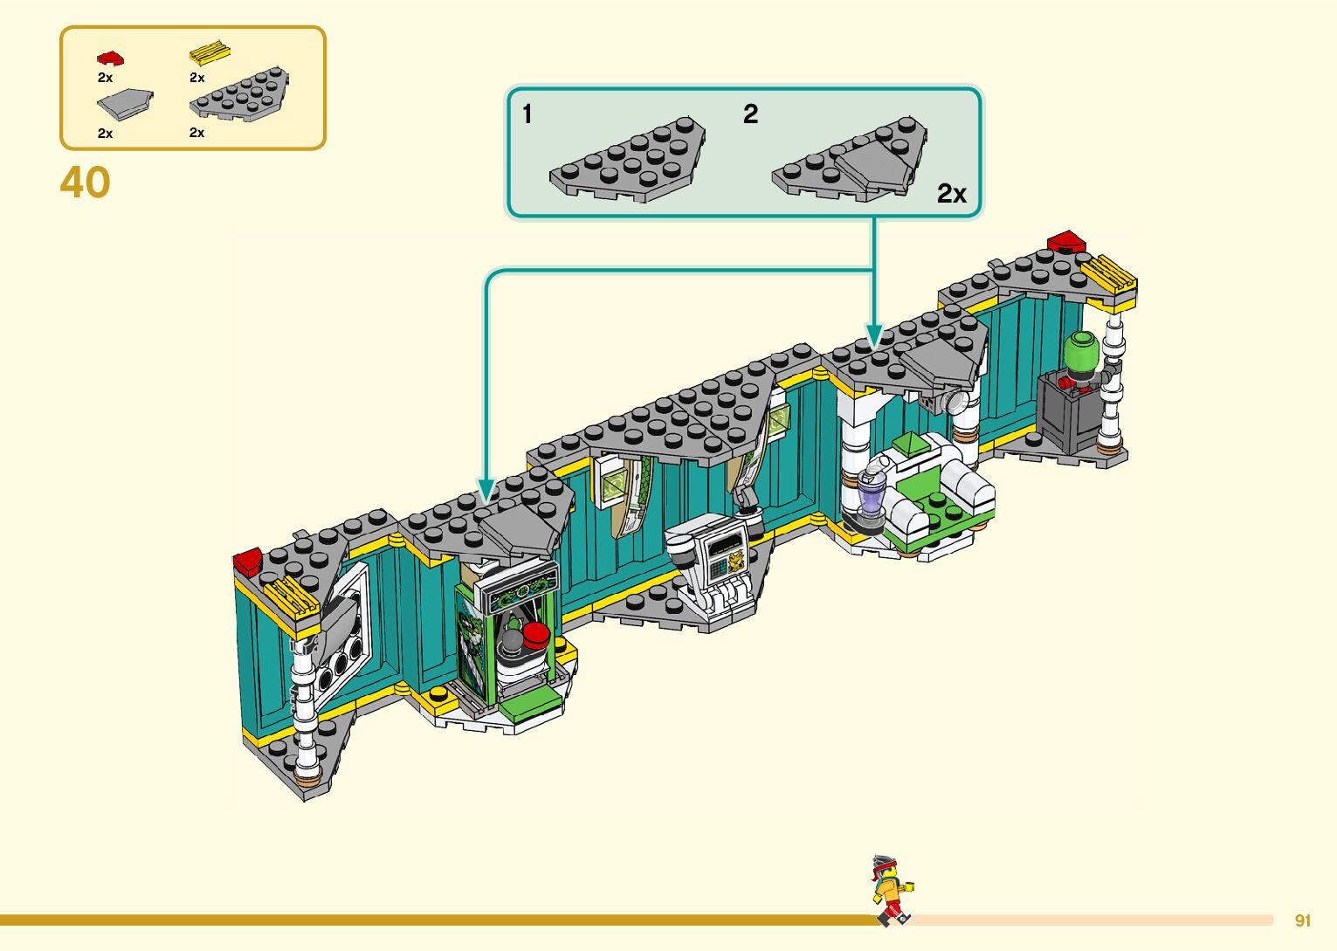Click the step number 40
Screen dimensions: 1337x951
[86, 183]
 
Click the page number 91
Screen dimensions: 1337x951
[1303, 920]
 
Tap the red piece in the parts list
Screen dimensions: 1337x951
[110, 59]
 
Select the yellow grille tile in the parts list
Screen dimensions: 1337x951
[210, 53]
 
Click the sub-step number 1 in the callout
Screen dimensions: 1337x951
[527, 114]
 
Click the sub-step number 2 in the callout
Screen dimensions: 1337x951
[750, 114]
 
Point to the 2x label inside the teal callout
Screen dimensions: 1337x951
[951, 193]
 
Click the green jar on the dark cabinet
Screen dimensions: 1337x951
[1080, 353]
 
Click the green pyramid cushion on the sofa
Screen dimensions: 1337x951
[909, 444]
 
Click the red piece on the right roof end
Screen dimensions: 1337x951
[1065, 241]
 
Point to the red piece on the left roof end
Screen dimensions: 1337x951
[247, 560]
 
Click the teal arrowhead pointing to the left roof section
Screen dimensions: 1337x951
[486, 489]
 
